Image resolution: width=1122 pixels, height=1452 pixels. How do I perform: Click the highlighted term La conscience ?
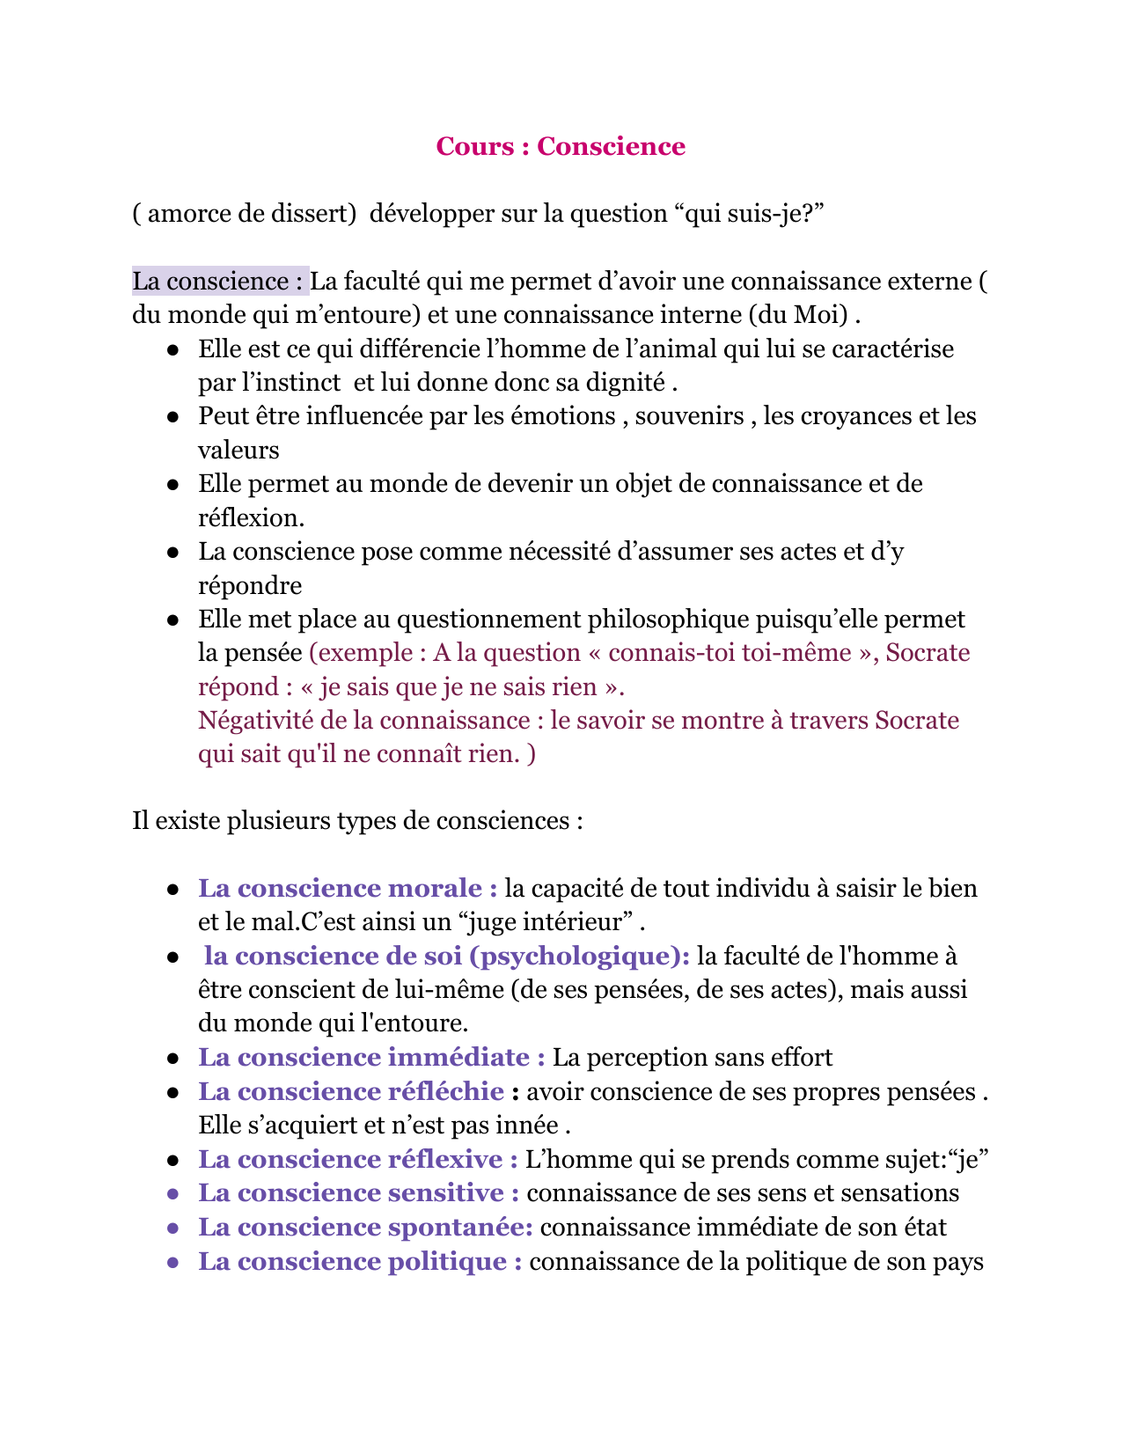219,282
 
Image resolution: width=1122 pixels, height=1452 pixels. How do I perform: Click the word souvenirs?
689,415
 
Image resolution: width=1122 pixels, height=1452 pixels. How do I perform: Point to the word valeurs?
238,451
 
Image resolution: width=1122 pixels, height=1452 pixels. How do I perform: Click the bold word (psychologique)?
580,957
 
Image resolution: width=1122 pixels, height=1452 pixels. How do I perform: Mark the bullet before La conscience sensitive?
174,1194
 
